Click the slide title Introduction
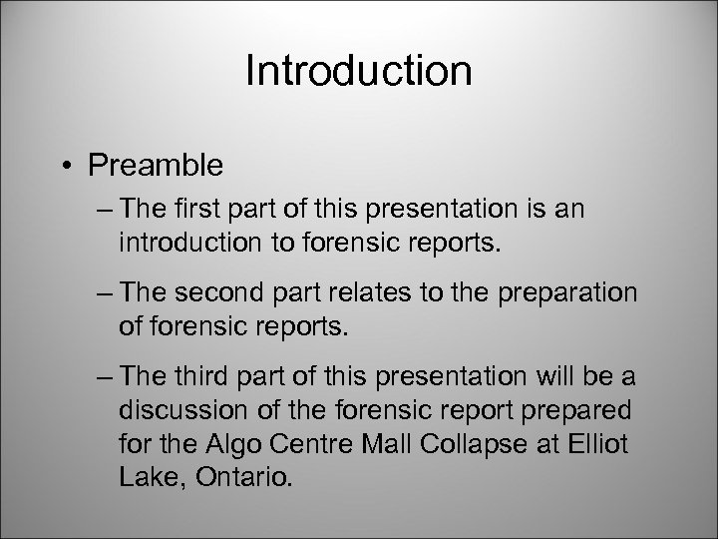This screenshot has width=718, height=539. [x=358, y=73]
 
